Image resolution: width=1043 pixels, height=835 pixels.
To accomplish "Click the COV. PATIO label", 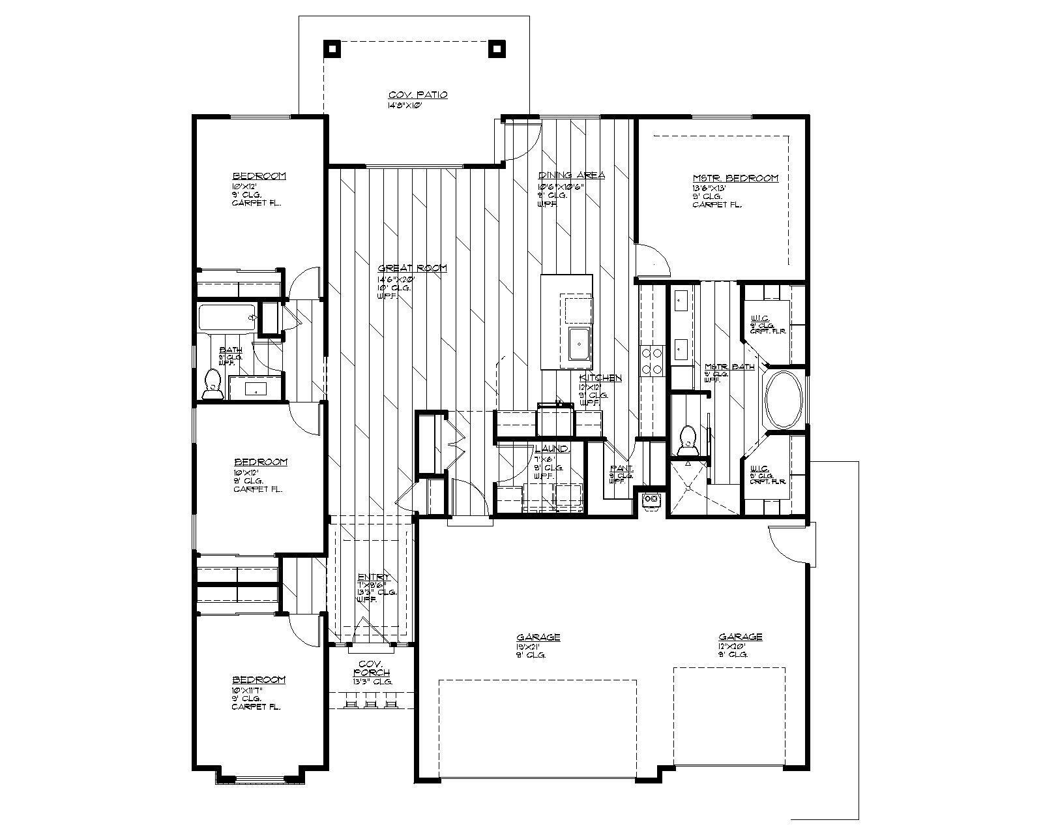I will [x=418, y=95].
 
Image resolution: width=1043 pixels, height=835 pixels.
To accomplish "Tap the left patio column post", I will [x=332, y=48].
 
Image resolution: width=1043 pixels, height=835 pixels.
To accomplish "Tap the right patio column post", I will [x=497, y=48].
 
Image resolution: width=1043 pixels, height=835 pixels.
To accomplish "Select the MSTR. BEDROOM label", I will [x=735, y=178].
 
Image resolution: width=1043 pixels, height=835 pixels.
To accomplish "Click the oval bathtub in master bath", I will [x=784, y=401].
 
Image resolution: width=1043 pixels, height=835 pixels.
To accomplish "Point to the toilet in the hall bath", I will [x=212, y=384].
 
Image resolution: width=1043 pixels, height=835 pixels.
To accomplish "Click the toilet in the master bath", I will [x=686, y=441].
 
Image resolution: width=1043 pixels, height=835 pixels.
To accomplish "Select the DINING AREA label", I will [x=571, y=175].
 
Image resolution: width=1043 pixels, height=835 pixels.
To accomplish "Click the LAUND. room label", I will [x=552, y=449].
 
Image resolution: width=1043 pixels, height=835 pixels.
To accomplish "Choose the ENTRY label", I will [x=374, y=577].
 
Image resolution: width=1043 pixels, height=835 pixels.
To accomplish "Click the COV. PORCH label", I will [x=372, y=668].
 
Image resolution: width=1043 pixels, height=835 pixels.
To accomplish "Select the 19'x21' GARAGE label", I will [x=538, y=637].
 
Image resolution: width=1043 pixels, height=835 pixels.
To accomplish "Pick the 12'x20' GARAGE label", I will [x=741, y=637].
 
